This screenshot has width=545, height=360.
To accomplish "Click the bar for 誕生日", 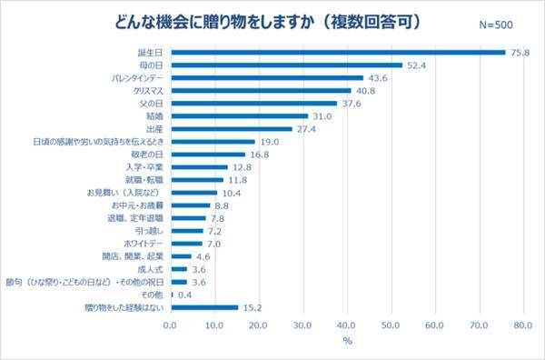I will click(x=337, y=53).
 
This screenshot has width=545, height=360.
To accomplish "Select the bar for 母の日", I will click(x=285, y=65).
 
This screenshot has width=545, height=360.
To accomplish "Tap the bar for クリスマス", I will click(x=260, y=91).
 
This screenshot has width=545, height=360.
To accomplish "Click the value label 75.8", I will click(x=520, y=53).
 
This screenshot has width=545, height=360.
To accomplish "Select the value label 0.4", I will click(x=185, y=295).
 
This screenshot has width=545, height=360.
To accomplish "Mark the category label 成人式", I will click(x=150, y=269).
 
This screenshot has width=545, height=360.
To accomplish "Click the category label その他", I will click(x=152, y=295).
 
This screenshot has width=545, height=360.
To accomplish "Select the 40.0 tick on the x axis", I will click(x=346, y=325).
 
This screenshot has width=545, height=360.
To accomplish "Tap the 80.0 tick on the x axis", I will click(x=522, y=325).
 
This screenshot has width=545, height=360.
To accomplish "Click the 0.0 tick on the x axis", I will click(x=170, y=325).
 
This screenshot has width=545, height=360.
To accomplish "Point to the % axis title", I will click(x=346, y=341).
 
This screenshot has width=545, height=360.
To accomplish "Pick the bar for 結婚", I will click(x=239, y=116).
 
